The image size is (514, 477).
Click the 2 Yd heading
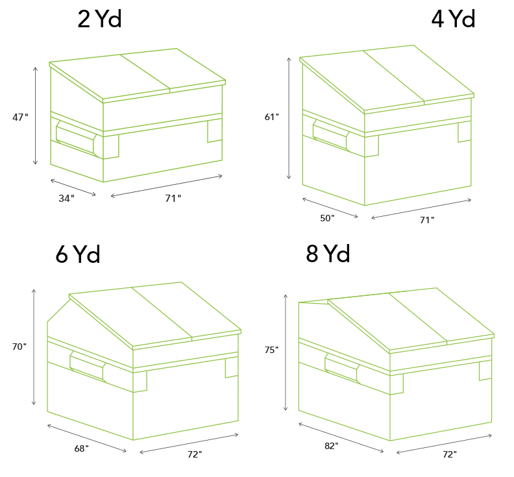pyautogui.click(x=100, y=19)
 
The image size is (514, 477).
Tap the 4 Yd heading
pyautogui.click(x=453, y=19)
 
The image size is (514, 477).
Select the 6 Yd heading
pyautogui.click(x=78, y=254)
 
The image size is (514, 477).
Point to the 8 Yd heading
pyautogui.click(x=328, y=253)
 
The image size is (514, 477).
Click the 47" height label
pyautogui.click(x=20, y=117)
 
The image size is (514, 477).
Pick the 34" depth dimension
pyautogui.click(x=67, y=199)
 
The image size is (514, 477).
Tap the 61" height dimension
pyautogui.click(x=272, y=117)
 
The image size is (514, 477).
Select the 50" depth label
pyautogui.click(x=327, y=218)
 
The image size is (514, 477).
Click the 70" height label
pyautogui.click(x=19, y=347)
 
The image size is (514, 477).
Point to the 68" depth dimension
pyautogui.click(x=81, y=448)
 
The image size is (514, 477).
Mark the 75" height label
pyautogui.click(x=271, y=350)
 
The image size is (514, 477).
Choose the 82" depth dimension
pyautogui.click(x=332, y=446)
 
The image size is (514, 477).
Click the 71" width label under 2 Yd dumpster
pyautogui.click(x=173, y=199)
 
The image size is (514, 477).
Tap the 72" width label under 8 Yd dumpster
pyautogui.click(x=450, y=454)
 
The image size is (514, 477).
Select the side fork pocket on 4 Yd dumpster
pyautogui.click(x=331, y=135)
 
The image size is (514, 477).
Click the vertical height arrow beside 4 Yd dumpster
pyautogui.click(x=289, y=118)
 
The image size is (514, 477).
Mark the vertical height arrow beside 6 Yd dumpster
pyautogui.click(x=34, y=347)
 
